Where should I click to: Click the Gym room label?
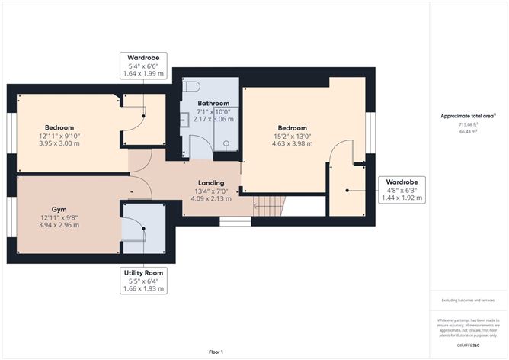pyautogui.click(x=59, y=208)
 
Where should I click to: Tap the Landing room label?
pyautogui.click(x=211, y=183)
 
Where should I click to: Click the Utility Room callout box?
pyautogui.click(x=143, y=281)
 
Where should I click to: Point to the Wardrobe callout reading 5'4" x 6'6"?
pyautogui.click(x=143, y=66)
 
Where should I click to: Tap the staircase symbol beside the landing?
pyautogui.click(x=268, y=204)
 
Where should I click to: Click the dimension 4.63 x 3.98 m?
pyautogui.click(x=292, y=143)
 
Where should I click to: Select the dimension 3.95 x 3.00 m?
pyautogui.click(x=59, y=143)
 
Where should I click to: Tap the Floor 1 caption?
pyautogui.click(x=216, y=352)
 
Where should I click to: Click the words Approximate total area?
pyautogui.click(x=468, y=116)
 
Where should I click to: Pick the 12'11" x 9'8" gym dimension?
pyautogui.click(x=59, y=217)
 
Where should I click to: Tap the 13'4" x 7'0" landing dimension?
pyautogui.click(x=211, y=191)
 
